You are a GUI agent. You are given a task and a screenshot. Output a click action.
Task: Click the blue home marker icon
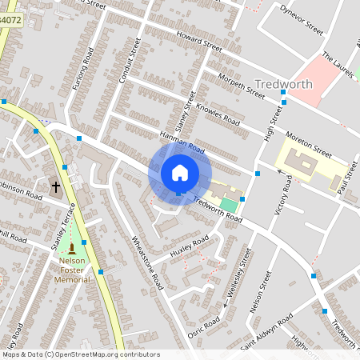pyautogui.click(x=179, y=174)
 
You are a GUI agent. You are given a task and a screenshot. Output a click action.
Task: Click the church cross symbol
pyautogui.click(x=56, y=188)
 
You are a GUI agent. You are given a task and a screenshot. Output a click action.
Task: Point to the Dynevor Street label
pyautogui.click(x=301, y=18)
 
